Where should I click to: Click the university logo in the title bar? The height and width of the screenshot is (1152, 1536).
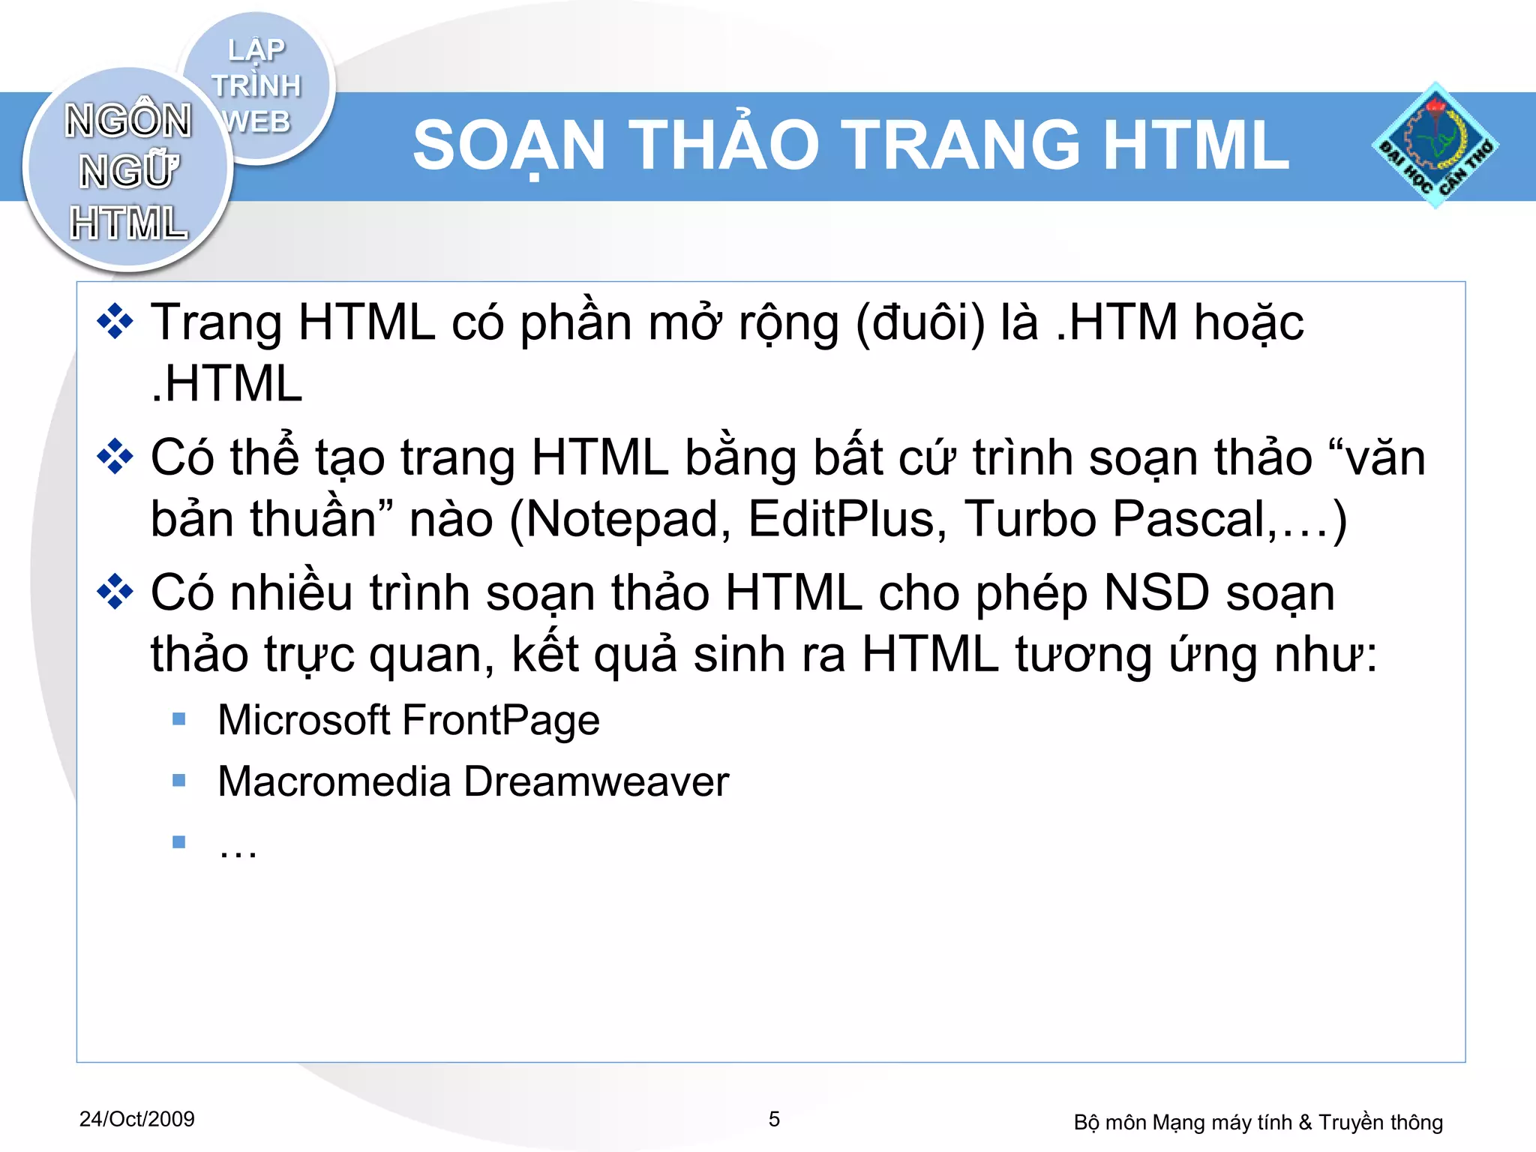(x=1435, y=145)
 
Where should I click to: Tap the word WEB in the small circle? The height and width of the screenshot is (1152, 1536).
(x=257, y=121)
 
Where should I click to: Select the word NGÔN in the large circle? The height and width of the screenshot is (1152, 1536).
(x=128, y=121)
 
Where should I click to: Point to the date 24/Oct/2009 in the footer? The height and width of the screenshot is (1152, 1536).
(x=137, y=1119)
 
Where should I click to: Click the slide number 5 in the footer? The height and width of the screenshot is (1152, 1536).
(x=775, y=1119)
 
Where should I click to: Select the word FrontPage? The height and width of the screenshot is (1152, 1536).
(x=501, y=720)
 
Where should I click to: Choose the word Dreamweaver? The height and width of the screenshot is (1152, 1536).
(x=596, y=781)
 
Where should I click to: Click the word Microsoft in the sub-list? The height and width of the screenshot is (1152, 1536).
(x=304, y=720)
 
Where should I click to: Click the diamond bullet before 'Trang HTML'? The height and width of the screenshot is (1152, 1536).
(x=115, y=323)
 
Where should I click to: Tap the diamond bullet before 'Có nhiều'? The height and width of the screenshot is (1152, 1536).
(x=115, y=593)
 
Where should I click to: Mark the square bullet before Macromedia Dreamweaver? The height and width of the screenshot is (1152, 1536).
(x=179, y=781)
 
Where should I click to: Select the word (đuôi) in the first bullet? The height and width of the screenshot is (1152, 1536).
(x=920, y=323)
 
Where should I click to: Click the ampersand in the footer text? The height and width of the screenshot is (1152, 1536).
(x=1305, y=1122)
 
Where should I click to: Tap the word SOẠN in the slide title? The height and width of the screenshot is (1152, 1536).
(x=510, y=145)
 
